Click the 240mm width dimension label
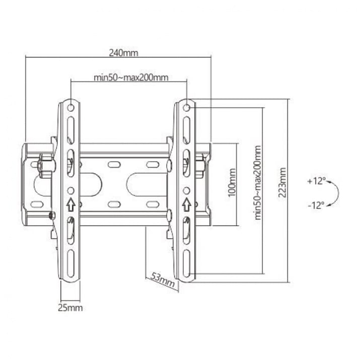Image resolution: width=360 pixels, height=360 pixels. click(x=123, y=53)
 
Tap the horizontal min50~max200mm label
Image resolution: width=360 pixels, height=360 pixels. click(x=131, y=78)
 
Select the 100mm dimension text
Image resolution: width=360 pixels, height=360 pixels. click(x=232, y=183)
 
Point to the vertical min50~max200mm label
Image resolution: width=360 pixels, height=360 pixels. click(x=258, y=183)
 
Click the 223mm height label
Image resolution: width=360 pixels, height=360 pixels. click(x=282, y=183)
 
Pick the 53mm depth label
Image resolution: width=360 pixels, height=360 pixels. click(x=163, y=280)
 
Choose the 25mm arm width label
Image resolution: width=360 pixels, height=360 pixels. click(x=70, y=308)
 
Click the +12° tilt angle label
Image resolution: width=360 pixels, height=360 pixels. click(x=316, y=181)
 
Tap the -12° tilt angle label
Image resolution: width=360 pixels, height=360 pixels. click(x=316, y=205)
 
